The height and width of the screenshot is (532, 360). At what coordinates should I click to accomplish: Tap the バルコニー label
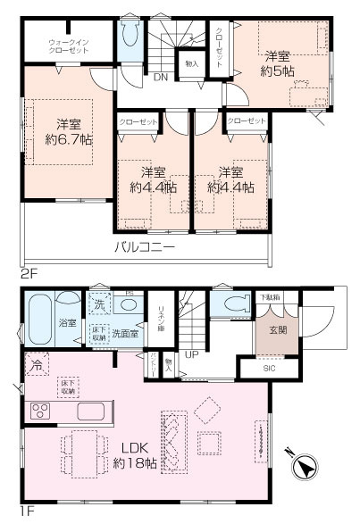[143, 246]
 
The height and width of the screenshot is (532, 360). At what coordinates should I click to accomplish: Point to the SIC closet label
[269, 367]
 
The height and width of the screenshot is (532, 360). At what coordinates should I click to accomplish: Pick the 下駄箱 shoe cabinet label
[269, 296]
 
